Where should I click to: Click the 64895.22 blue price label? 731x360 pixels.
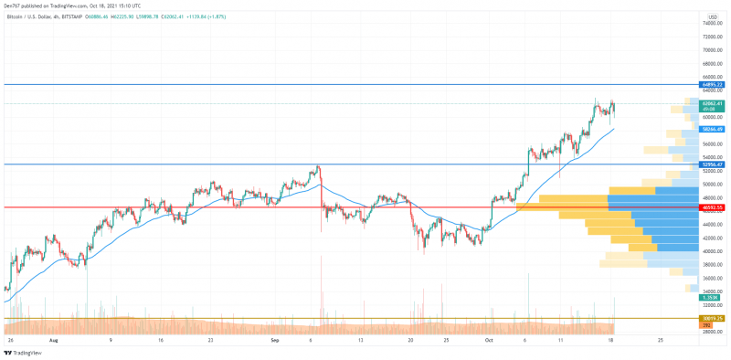click(713, 84)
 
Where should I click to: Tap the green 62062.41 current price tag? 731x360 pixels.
click(713, 104)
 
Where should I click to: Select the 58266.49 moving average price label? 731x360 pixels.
click(713, 130)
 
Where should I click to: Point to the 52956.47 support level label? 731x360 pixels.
click(713, 164)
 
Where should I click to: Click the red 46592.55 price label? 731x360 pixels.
click(713, 207)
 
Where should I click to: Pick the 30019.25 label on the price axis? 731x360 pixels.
click(713, 319)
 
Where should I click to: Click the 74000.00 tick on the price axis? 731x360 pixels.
click(714, 23)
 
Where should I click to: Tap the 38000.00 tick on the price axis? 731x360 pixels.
click(714, 265)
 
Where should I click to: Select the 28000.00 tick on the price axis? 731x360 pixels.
click(714, 333)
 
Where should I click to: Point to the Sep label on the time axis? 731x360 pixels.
click(275, 338)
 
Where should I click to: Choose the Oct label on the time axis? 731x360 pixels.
click(490, 338)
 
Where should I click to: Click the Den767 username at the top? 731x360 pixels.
click(11, 5)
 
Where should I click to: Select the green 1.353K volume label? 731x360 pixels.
click(711, 297)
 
